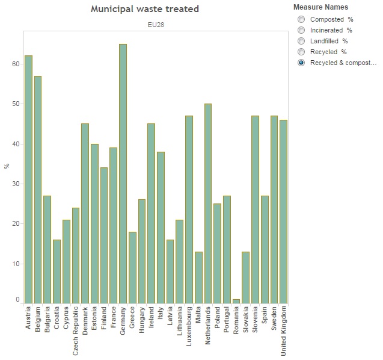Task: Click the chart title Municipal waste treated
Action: click(x=144, y=9)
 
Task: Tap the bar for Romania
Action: click(x=236, y=300)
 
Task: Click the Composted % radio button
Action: click(x=301, y=19)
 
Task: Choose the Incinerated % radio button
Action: click(x=301, y=30)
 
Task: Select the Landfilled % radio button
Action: click(x=301, y=41)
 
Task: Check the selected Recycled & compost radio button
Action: click(x=301, y=63)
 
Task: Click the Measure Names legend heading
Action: click(x=320, y=7)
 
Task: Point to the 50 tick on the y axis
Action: click(x=17, y=104)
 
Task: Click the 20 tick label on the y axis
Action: click(x=17, y=224)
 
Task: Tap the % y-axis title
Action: click(x=7, y=166)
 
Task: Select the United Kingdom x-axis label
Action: click(x=284, y=331)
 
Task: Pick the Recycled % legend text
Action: click(x=328, y=52)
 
